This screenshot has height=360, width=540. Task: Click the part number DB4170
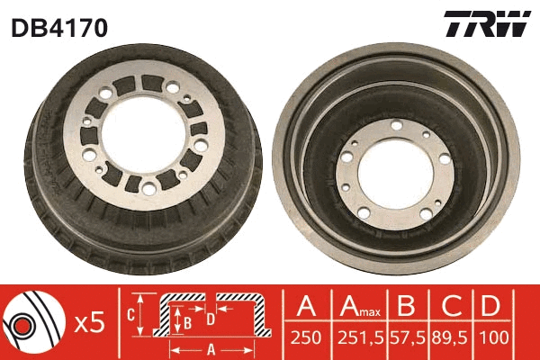pos(59,28)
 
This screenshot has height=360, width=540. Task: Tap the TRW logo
pos(487,25)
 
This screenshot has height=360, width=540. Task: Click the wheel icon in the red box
pos(31,321)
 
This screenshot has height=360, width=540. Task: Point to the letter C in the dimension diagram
pos(130,314)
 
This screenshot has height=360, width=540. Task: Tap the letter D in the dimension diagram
pos(209,318)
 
